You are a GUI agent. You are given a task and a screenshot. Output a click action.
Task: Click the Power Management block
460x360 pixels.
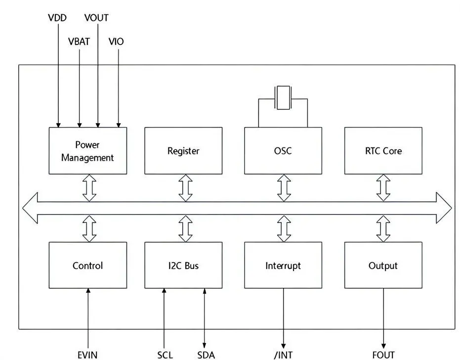click(88, 151)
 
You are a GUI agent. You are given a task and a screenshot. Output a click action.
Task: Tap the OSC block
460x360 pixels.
click(283, 151)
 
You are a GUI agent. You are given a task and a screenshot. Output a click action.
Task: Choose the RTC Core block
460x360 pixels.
click(383, 151)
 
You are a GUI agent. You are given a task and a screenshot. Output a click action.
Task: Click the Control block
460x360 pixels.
click(88, 266)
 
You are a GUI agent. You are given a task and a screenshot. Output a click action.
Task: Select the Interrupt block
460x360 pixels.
click(283, 266)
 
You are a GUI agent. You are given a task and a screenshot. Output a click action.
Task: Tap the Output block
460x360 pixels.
click(383, 266)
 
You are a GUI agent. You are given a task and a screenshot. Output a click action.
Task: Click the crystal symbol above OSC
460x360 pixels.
click(283, 97)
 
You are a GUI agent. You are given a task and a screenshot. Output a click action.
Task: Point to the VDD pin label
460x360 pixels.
click(58, 18)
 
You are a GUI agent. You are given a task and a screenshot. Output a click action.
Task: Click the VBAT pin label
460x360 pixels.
click(79, 42)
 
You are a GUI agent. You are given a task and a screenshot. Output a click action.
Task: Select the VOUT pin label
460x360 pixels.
click(96, 18)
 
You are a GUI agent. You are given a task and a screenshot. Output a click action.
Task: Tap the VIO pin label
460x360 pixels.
click(116, 42)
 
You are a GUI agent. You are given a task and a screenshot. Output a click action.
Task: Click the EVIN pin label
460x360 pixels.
click(87, 355)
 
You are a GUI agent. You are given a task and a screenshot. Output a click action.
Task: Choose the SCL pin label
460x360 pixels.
click(165, 355)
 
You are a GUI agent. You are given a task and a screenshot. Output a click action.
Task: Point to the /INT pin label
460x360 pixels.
click(283, 355)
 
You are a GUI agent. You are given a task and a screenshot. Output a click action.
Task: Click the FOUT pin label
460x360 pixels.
click(383, 355)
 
